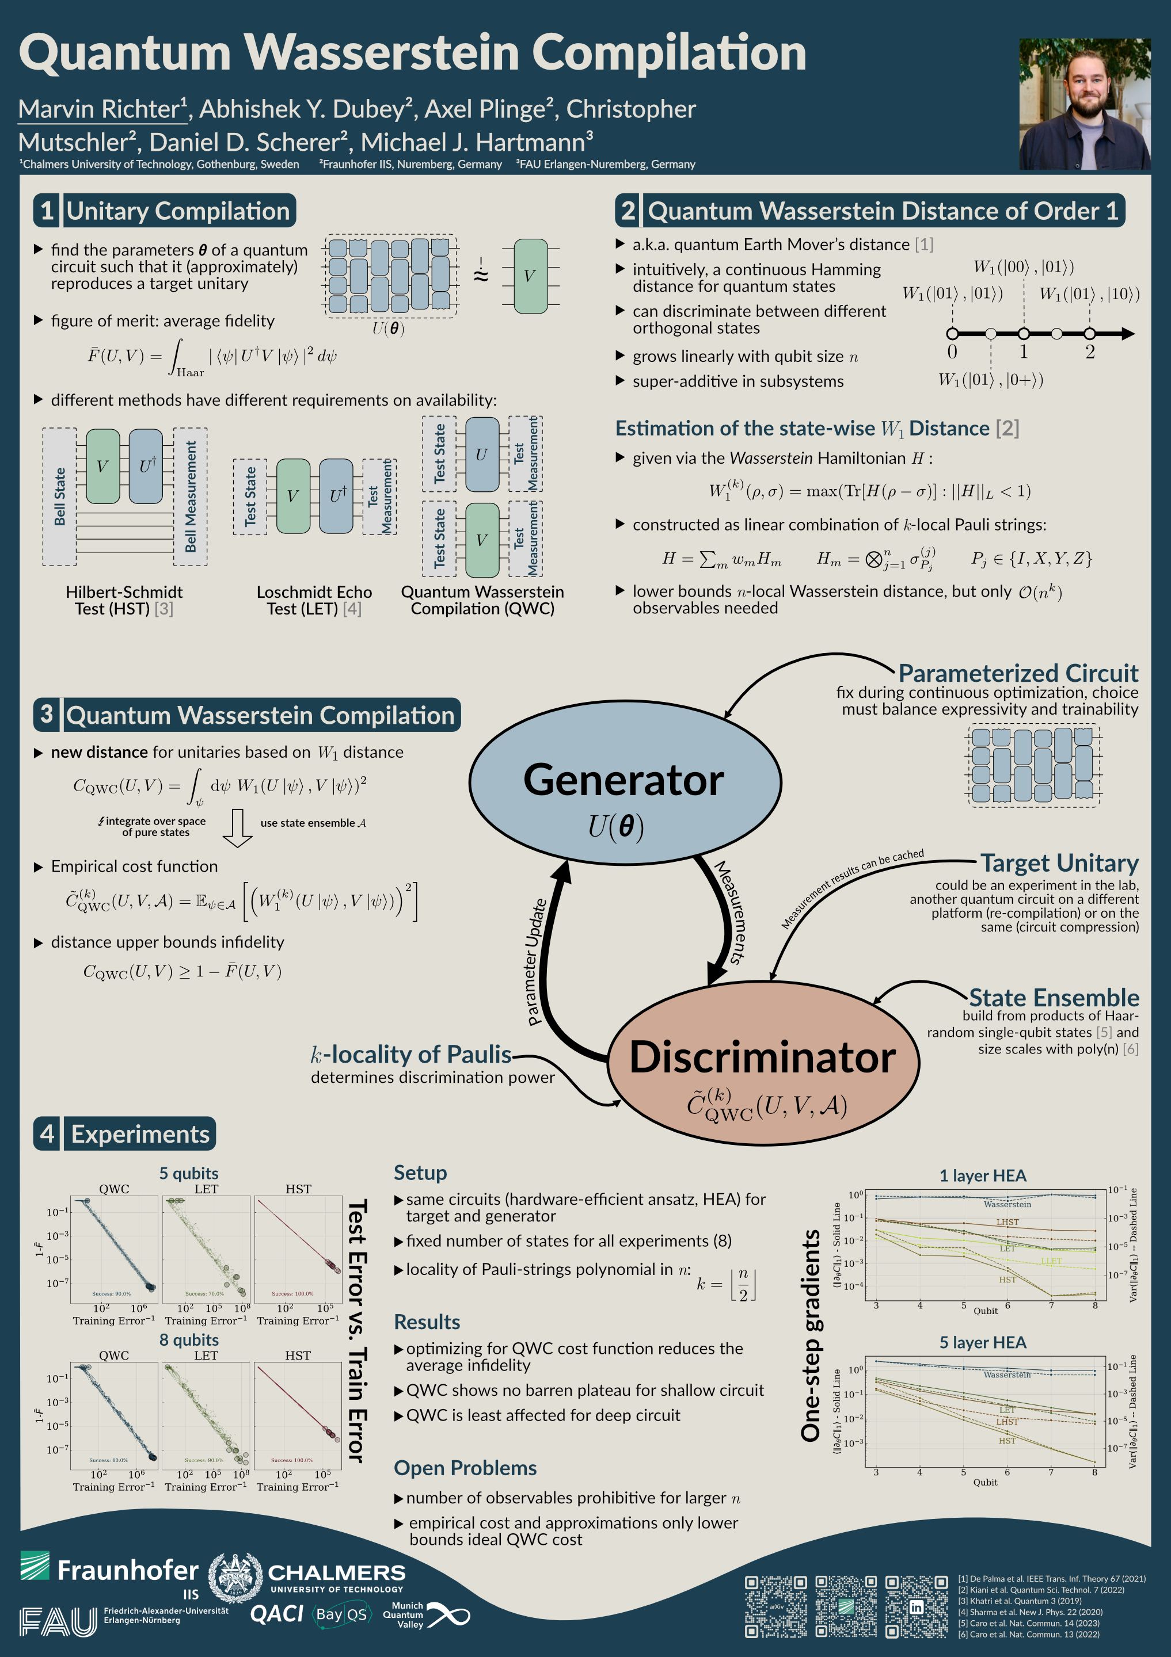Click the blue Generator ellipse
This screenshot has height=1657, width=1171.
[x=625, y=783]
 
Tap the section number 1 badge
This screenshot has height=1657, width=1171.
[x=47, y=211]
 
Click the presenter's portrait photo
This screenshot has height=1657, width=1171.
[x=1085, y=104]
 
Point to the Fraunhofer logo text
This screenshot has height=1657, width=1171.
[x=127, y=1570]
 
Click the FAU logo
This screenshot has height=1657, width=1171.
[x=58, y=1622]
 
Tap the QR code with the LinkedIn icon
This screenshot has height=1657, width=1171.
[x=916, y=1606]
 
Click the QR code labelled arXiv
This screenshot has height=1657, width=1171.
[x=776, y=1606]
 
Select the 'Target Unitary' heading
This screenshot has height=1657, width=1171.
[x=1059, y=863]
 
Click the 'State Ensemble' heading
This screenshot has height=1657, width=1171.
[x=1054, y=998]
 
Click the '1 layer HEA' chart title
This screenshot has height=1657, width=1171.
[x=983, y=1175]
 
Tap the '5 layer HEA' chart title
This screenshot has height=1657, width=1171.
[x=983, y=1342]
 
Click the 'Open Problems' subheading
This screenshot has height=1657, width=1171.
[x=465, y=1468]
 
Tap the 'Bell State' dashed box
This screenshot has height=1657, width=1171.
[x=59, y=497]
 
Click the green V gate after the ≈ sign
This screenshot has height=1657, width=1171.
[x=530, y=276]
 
